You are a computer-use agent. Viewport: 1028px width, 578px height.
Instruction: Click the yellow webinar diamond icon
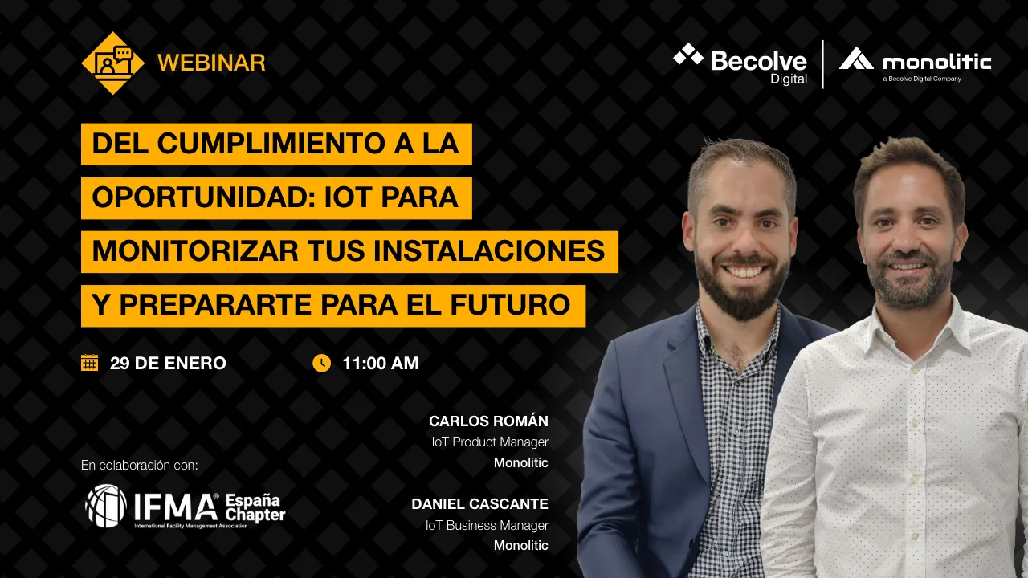pyautogui.click(x=112, y=63)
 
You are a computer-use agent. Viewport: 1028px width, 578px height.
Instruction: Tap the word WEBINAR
pyautogui.click(x=211, y=63)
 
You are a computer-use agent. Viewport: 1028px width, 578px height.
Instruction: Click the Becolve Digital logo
pyautogui.click(x=740, y=64)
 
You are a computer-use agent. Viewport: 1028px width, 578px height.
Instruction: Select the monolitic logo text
pyautogui.click(x=936, y=63)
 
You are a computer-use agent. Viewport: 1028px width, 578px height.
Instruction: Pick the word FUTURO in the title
pyautogui.click(x=510, y=305)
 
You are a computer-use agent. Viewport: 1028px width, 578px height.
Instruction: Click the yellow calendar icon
pyautogui.click(x=89, y=362)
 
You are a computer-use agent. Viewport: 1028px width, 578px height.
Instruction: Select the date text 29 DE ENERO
pyautogui.click(x=168, y=364)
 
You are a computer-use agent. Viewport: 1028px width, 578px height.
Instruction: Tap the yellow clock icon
pyautogui.click(x=322, y=363)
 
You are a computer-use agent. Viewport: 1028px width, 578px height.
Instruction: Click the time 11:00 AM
pyautogui.click(x=381, y=364)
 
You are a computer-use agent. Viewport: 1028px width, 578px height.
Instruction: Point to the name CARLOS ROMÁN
pyautogui.click(x=488, y=421)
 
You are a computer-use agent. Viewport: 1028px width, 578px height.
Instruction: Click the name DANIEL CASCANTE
pyautogui.click(x=479, y=503)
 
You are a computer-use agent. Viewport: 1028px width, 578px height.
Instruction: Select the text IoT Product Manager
pyautogui.click(x=490, y=442)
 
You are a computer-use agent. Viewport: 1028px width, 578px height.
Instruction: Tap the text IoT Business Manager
pyautogui.click(x=487, y=525)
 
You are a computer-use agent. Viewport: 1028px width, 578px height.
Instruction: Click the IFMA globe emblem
pyautogui.click(x=106, y=506)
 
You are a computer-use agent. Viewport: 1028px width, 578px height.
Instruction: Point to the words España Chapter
pyautogui.click(x=255, y=508)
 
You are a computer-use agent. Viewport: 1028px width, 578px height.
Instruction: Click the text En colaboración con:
pyautogui.click(x=140, y=465)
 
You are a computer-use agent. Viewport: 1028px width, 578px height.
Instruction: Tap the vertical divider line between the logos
pyautogui.click(x=823, y=64)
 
